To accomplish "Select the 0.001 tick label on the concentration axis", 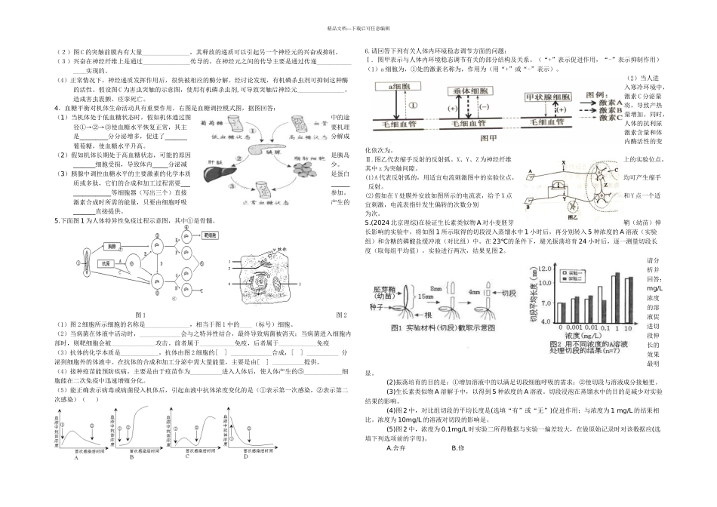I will [x=559, y=328].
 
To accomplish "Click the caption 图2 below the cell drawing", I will [x=341, y=315].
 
